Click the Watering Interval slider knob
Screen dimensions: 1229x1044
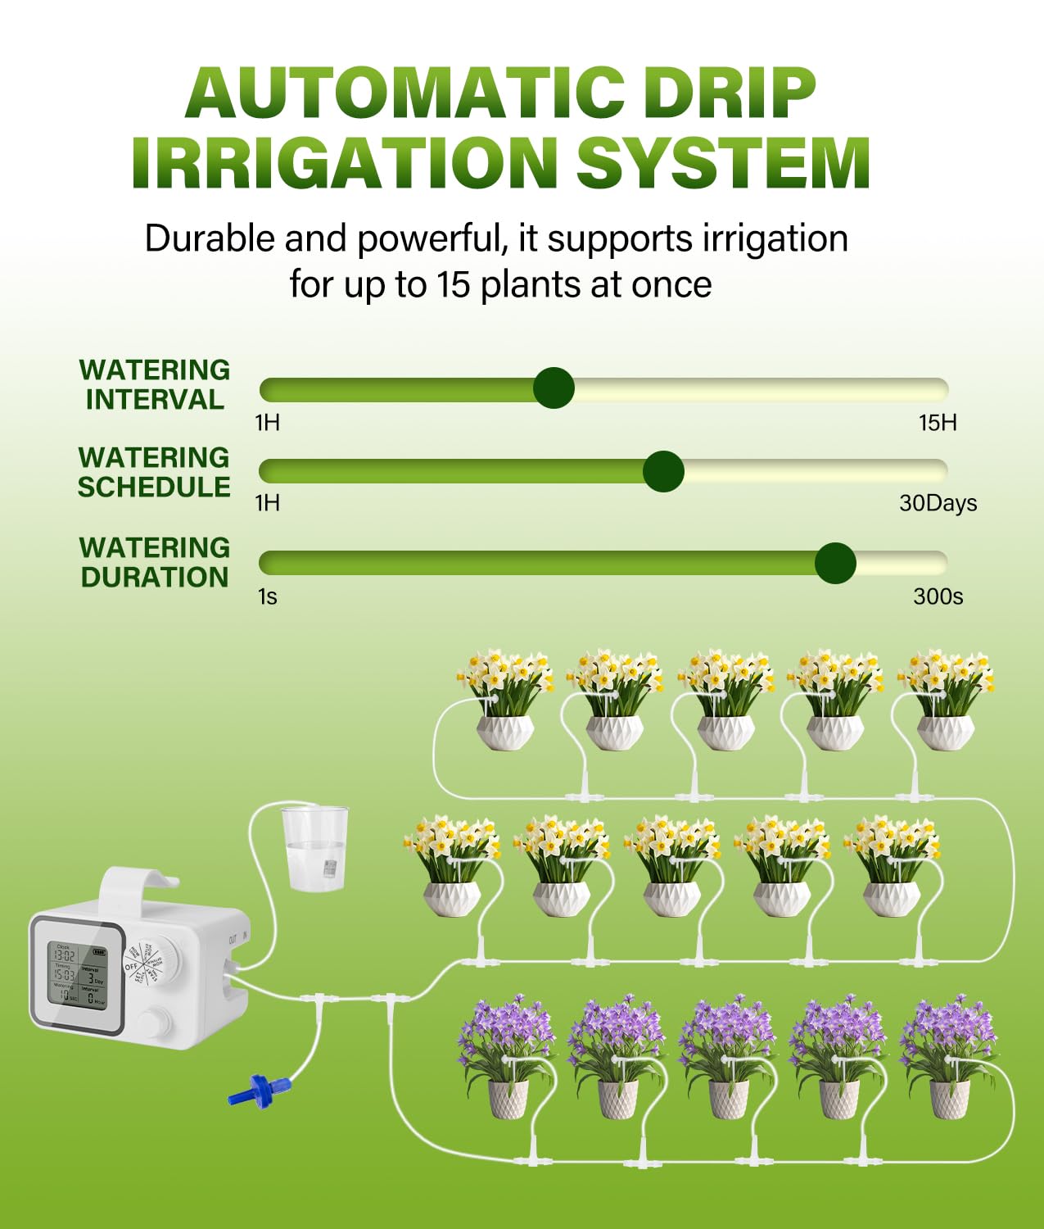pos(554,388)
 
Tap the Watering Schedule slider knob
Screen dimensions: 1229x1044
pos(663,471)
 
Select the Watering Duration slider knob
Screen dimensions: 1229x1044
pos(835,563)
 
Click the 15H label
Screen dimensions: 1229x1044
pos(938,423)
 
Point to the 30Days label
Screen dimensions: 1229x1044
pos(938,503)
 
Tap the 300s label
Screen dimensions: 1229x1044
pos(938,596)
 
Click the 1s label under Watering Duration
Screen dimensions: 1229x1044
pos(268,596)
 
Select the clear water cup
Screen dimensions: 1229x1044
pos(314,849)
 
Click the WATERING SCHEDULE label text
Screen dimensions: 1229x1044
pos(154,472)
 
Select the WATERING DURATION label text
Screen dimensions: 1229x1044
pos(154,562)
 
